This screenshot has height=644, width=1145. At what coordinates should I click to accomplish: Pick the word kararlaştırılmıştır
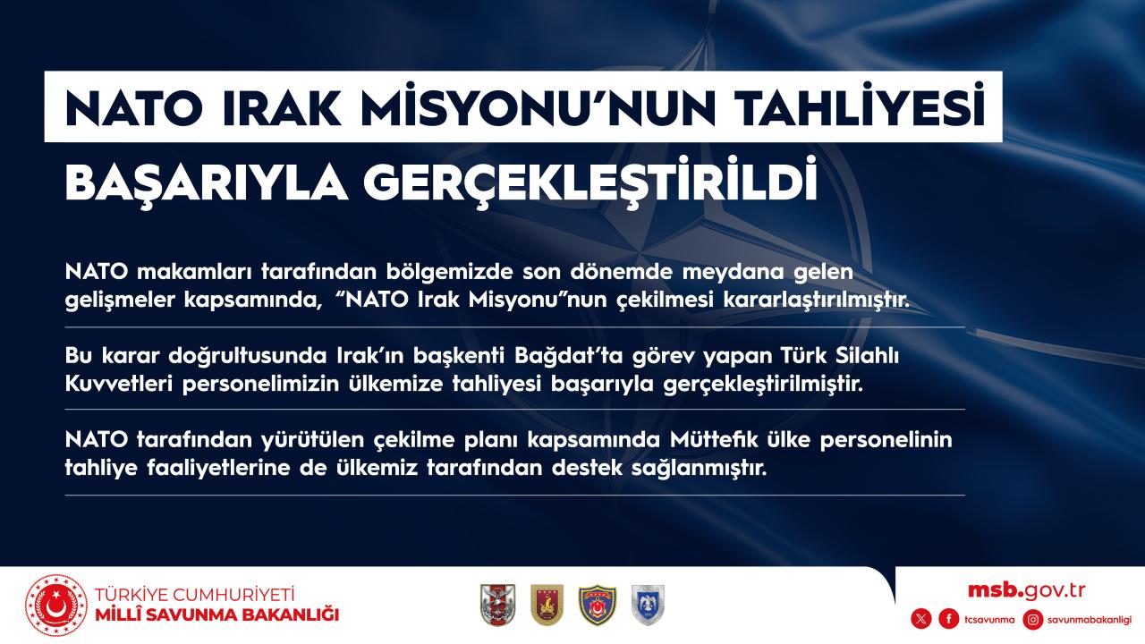(817, 300)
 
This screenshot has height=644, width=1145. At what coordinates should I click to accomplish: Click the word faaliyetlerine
(219, 468)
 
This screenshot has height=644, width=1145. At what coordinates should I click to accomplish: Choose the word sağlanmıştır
(700, 468)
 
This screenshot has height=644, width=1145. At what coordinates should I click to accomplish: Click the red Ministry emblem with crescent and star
(56, 606)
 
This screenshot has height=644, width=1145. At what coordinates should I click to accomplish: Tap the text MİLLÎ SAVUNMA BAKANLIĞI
(217, 614)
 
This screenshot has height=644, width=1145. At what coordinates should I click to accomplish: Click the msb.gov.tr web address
(1026, 590)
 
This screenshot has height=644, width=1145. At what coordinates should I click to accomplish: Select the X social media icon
(921, 620)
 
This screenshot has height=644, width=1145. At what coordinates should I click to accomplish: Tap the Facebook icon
(949, 620)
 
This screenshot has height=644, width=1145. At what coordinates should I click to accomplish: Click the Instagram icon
(1033, 620)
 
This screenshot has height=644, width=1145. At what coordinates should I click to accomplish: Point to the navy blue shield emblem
(597, 606)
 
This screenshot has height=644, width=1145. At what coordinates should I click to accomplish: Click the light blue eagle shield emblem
(648, 606)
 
